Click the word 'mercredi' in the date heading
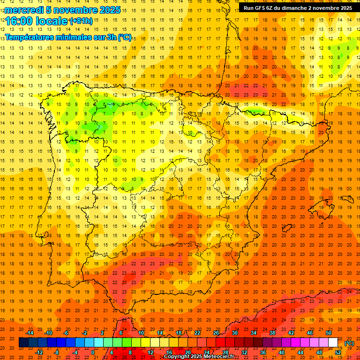click(x=24, y=10)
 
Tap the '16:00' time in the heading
click(x=19, y=21)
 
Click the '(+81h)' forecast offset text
click(x=81, y=21)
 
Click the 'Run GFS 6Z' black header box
click(x=298, y=8)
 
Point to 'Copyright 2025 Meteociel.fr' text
click(x=199, y=357)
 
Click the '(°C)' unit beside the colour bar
click(x=349, y=343)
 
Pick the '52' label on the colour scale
click(x=338, y=352)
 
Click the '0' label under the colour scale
click(x=93, y=352)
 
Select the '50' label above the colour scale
click(x=329, y=333)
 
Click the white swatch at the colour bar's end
click(x=333, y=343)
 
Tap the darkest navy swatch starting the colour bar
click(x=24, y=343)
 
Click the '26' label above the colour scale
click(x=216, y=333)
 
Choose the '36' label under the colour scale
click(x=263, y=352)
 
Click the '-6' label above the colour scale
click(x=66, y=333)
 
